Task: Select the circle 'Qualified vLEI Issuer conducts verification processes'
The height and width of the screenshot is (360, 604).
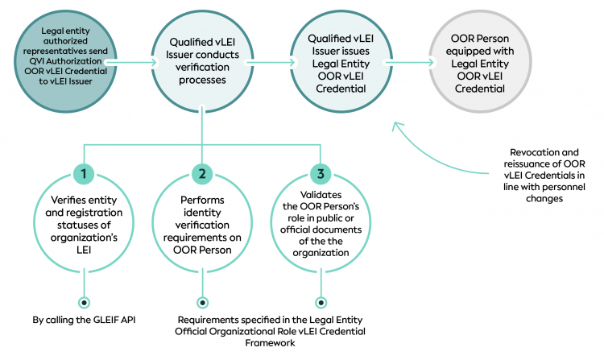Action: click(x=201, y=59)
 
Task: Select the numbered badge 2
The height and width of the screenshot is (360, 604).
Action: click(x=201, y=173)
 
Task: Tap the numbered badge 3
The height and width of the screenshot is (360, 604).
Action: click(x=321, y=173)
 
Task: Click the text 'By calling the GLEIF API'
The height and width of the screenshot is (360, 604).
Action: click(x=84, y=320)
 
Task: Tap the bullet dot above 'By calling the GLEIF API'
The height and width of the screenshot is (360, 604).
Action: click(x=83, y=302)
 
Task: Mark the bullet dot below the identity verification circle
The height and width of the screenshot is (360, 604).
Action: click(x=201, y=302)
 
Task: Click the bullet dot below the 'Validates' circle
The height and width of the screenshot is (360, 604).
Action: click(x=321, y=302)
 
